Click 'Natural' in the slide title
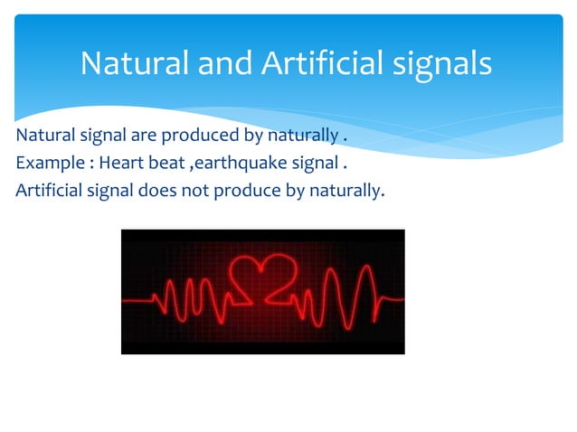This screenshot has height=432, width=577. [135, 62]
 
